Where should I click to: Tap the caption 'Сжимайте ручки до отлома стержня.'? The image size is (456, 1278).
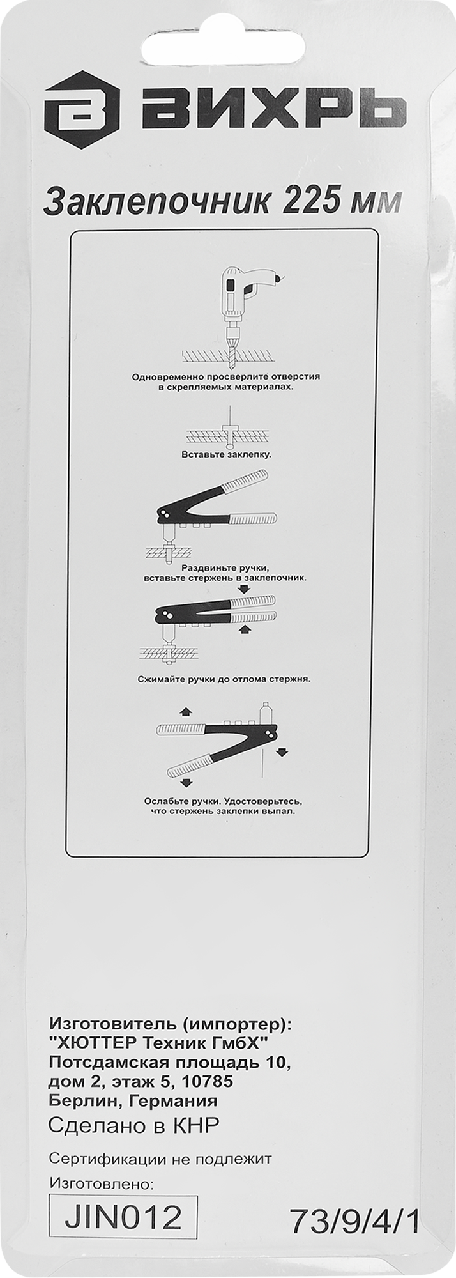click(x=224, y=679)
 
